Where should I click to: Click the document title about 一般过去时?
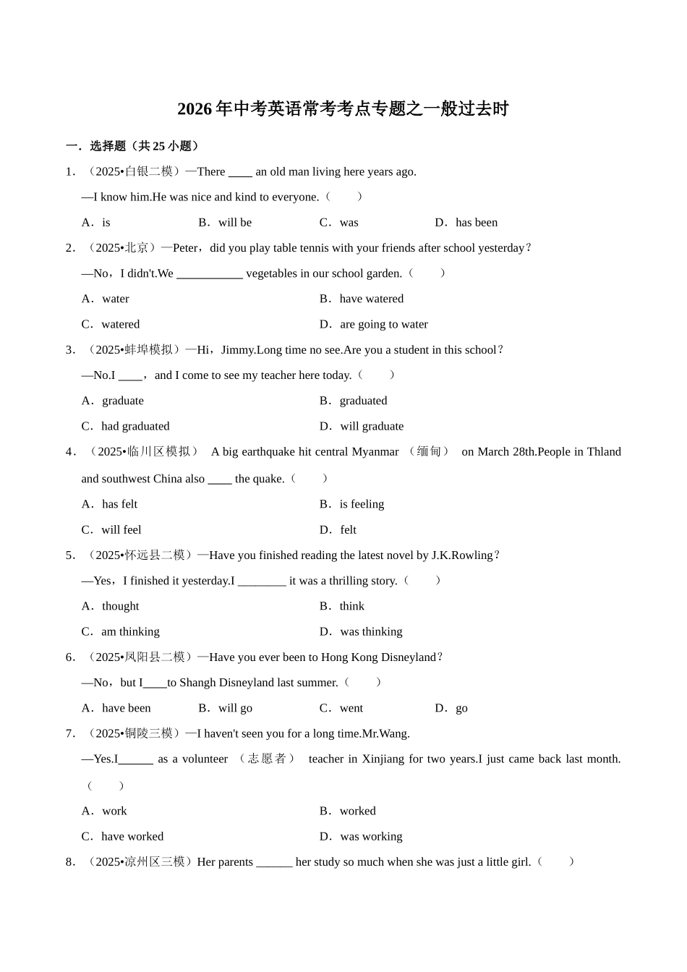[343, 109]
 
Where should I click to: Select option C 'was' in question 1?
[348, 223]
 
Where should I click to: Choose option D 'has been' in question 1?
[476, 223]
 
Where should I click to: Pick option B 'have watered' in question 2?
[371, 299]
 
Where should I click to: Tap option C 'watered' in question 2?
[120, 325]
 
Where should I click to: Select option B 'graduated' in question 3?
[363, 401]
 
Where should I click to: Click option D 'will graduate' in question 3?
[371, 427]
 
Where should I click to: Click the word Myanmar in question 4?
[375, 452]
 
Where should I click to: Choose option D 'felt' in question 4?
[348, 530]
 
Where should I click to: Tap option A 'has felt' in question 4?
[119, 504]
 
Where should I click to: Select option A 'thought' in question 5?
[120, 606]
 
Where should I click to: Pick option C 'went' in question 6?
[351, 708]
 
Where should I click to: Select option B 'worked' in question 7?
[357, 811]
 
